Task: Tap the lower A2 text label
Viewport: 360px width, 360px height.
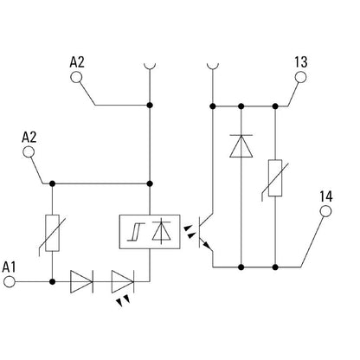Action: [29, 137]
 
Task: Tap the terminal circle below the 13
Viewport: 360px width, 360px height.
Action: [300, 77]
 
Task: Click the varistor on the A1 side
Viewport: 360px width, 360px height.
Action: [52, 232]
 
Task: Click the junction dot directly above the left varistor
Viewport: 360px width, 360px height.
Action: [52, 183]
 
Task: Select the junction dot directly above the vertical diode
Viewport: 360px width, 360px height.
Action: [239, 106]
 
